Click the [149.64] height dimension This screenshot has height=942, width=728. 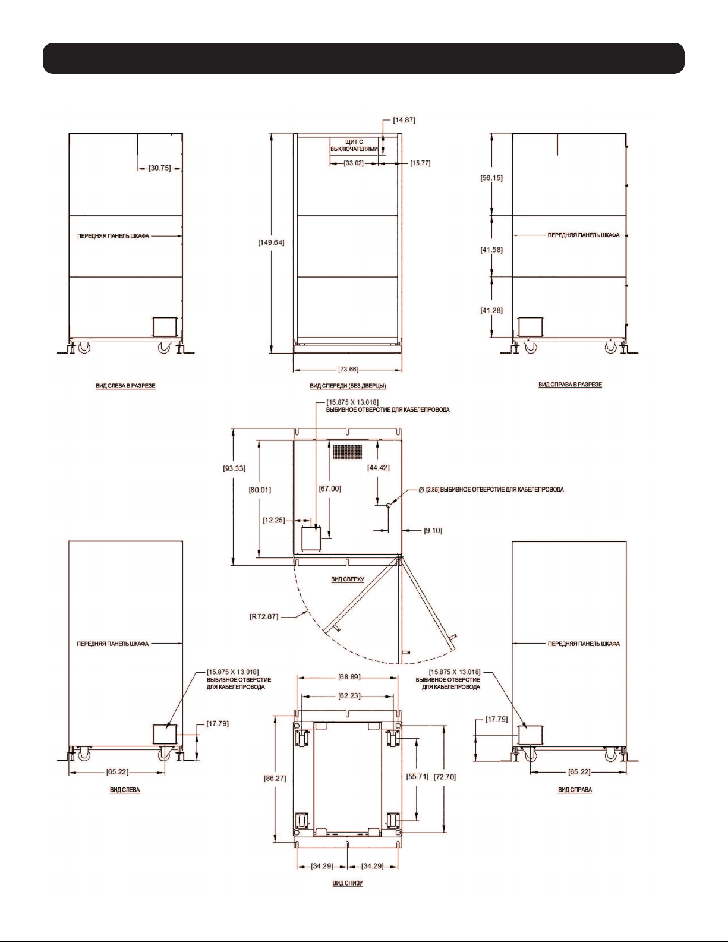[x=271, y=242]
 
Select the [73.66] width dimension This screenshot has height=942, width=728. [x=348, y=369]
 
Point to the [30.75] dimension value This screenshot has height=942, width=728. [x=160, y=168]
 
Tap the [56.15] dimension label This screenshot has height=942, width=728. [x=491, y=178]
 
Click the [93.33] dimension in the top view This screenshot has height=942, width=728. [x=234, y=468]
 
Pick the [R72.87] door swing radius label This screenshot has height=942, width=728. [x=264, y=616]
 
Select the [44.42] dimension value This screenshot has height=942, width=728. [x=379, y=467]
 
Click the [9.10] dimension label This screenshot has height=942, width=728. [x=433, y=530]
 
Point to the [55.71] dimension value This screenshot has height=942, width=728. [x=417, y=777]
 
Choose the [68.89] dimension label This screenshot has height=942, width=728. [x=349, y=677]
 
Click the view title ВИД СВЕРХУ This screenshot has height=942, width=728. [x=348, y=579]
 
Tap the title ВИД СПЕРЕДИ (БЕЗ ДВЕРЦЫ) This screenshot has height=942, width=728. [x=348, y=386]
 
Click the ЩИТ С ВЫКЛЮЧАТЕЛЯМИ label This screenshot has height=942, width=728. [x=354, y=145]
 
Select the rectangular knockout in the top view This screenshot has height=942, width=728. [x=311, y=538]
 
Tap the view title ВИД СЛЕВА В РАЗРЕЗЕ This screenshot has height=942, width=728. [x=125, y=385]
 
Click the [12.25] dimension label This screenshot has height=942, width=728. [x=274, y=520]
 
